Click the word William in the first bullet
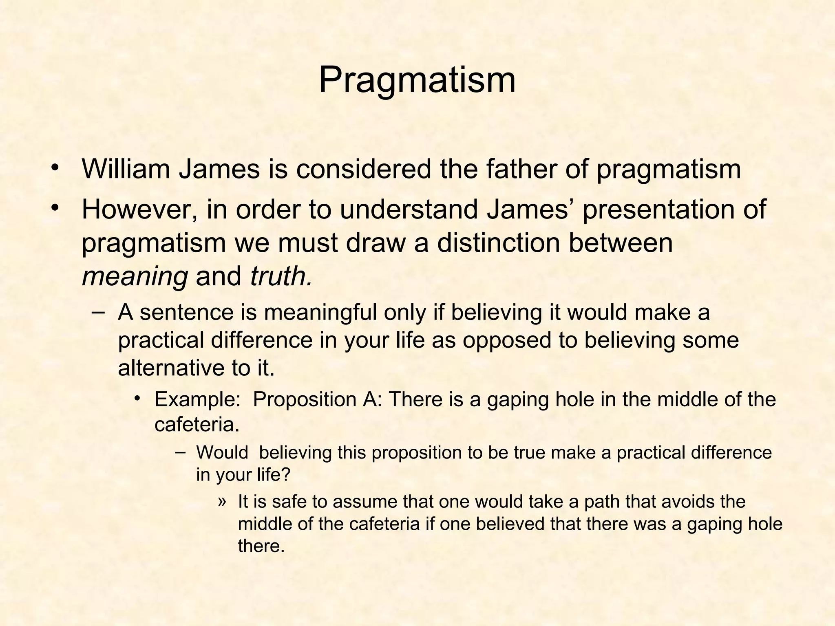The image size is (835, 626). (x=126, y=169)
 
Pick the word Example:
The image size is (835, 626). (x=197, y=399)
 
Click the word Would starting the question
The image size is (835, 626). (x=222, y=453)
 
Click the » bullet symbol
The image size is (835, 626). (x=221, y=501)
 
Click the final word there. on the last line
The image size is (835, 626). (x=261, y=546)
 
